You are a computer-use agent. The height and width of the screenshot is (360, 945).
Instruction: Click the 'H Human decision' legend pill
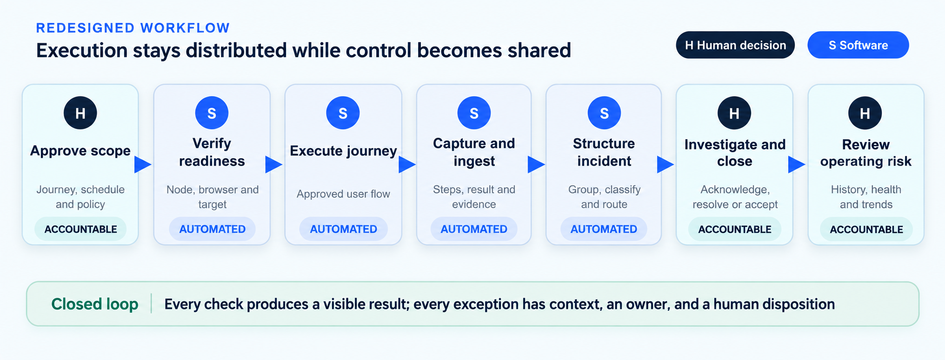(x=735, y=45)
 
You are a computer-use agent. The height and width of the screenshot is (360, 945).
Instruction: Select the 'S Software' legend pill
(x=858, y=45)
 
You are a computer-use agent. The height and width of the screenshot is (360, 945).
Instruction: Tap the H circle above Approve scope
(x=80, y=113)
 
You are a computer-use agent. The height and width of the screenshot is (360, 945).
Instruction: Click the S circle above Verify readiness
(x=212, y=113)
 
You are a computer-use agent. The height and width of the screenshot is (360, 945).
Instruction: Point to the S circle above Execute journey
(x=343, y=113)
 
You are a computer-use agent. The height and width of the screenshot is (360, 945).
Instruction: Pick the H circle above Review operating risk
(x=865, y=113)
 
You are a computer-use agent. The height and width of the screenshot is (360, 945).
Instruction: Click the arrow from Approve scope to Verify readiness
(x=143, y=164)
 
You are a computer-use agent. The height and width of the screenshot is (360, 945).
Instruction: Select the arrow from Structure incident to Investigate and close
(x=665, y=164)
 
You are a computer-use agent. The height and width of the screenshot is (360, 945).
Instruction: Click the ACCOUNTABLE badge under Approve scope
(x=80, y=229)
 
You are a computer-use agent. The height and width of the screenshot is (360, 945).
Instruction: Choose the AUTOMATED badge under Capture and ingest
(x=474, y=229)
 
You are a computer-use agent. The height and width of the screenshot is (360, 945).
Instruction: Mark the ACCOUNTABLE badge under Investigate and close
(x=735, y=229)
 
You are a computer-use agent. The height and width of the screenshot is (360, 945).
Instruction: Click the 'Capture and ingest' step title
(x=474, y=152)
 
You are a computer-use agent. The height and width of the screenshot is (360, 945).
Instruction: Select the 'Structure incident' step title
(x=604, y=152)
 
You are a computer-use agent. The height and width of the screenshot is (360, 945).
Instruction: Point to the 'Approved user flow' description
(x=343, y=194)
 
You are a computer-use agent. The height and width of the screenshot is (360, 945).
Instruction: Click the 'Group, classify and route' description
(x=604, y=197)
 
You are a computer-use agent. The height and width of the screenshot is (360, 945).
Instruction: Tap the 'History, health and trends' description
(x=866, y=197)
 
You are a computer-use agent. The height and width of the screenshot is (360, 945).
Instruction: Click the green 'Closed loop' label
(x=95, y=304)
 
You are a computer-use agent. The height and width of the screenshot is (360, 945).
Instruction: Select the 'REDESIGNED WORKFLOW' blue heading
(x=133, y=28)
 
